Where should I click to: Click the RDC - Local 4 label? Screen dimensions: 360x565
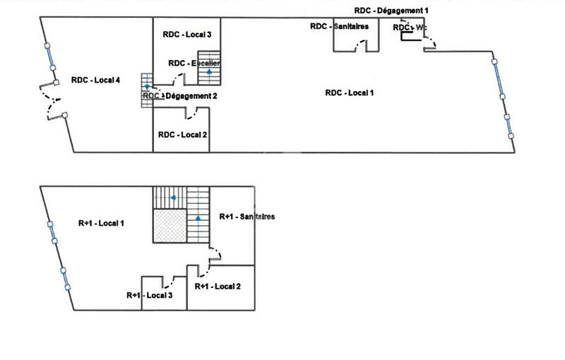click(x=95, y=80)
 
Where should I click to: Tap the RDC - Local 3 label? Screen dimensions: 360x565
click(x=187, y=34)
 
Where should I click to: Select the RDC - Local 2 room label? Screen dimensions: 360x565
click(x=182, y=134)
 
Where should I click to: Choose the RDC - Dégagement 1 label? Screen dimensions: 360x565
click(x=391, y=11)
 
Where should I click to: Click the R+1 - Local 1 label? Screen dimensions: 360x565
click(x=101, y=224)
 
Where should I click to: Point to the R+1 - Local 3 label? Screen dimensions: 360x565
click(x=150, y=296)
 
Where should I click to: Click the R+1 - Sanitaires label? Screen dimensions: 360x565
click(x=247, y=216)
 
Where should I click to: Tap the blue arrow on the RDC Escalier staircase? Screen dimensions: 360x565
click(x=208, y=71)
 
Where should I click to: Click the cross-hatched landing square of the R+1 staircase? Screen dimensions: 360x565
click(x=169, y=227)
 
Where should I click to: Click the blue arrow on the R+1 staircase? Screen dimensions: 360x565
click(x=199, y=219)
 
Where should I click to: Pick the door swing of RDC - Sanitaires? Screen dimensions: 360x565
click(x=362, y=46)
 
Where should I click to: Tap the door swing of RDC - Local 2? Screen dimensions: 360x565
click(x=191, y=113)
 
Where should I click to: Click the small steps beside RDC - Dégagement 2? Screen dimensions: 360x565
click(x=147, y=90)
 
